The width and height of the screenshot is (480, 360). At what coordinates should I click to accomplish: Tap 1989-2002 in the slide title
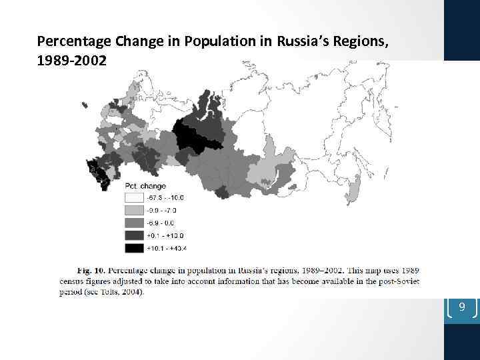(x=71, y=60)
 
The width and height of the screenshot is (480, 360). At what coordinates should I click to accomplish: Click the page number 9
(x=461, y=307)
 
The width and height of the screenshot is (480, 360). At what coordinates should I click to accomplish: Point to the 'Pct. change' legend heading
(x=145, y=186)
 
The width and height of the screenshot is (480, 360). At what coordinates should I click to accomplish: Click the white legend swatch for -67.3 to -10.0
(x=134, y=197)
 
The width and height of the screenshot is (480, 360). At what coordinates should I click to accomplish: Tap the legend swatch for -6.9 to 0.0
(x=134, y=223)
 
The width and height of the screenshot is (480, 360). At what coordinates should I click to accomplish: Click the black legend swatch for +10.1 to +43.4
(x=134, y=248)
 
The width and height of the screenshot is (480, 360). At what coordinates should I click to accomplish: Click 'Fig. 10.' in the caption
(x=91, y=271)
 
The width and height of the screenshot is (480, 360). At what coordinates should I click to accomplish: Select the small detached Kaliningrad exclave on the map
(x=85, y=105)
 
